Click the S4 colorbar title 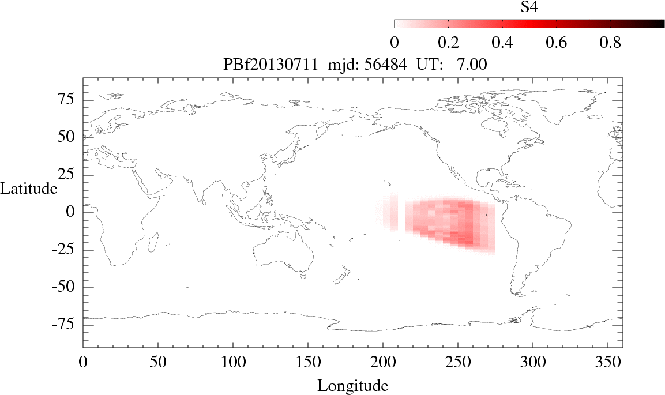point(529,7)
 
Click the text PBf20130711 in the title point(270,65)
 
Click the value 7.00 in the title point(472,65)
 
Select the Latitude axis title point(29,188)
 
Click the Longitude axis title point(352,385)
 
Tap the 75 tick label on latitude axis point(67,100)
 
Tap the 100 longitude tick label point(232,363)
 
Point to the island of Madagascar point(153,242)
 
